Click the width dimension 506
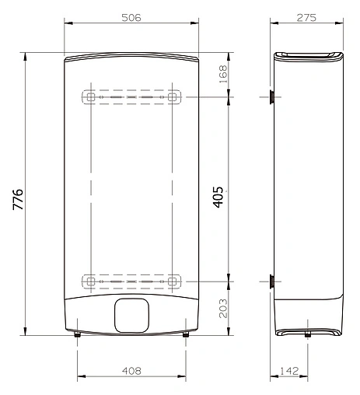(x=130, y=18)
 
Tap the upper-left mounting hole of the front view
(x=90, y=98)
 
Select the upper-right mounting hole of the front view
(x=173, y=98)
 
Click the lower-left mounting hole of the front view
(x=90, y=279)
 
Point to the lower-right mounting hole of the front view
(x=173, y=279)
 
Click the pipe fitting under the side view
(x=308, y=336)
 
